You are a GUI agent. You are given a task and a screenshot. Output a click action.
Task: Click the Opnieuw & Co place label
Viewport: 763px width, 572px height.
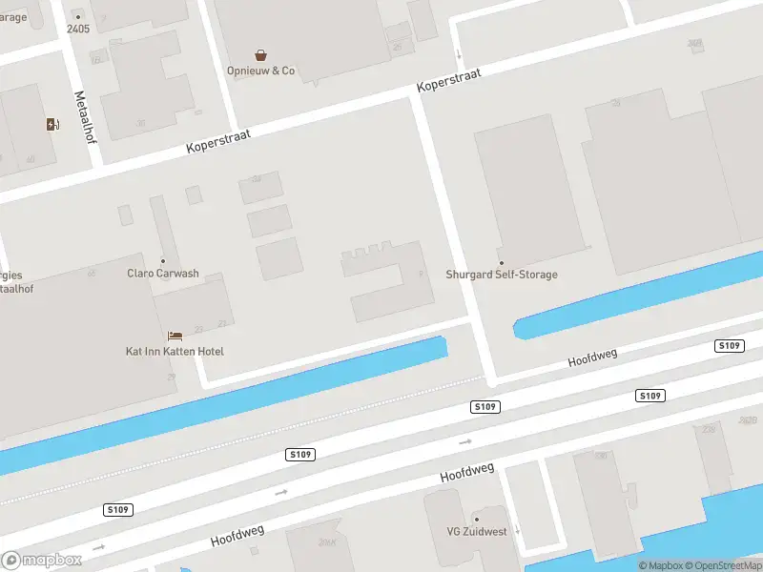(260, 71)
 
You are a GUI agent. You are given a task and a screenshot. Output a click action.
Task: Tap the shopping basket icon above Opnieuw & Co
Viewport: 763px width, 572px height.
(260, 55)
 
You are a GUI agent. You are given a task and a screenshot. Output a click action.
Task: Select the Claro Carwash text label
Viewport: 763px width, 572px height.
(163, 274)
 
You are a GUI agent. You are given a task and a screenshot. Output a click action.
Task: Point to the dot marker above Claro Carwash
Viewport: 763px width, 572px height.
(163, 260)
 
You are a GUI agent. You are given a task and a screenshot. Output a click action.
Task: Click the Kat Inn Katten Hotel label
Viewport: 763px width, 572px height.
(175, 352)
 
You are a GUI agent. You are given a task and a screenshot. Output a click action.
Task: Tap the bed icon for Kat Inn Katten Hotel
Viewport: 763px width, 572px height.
(175, 336)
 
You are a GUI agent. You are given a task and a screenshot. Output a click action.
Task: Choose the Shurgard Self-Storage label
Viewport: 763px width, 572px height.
(502, 275)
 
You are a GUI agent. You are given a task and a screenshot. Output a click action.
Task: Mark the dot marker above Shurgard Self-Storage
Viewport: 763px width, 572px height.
(502, 261)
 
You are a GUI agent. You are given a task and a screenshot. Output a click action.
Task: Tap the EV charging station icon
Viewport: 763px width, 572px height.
(52, 124)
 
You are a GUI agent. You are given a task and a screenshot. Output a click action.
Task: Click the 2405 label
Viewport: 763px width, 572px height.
(78, 29)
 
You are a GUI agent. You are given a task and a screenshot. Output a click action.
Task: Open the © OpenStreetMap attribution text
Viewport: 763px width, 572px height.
(721, 565)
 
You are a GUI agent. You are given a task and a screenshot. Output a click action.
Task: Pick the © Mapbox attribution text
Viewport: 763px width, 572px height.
(661, 565)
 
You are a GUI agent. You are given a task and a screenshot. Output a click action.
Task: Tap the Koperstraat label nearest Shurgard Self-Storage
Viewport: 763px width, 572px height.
(448, 80)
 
